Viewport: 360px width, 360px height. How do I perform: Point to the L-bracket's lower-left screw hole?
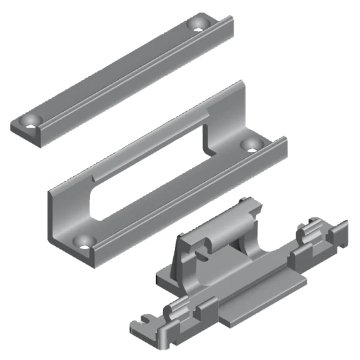(82, 240)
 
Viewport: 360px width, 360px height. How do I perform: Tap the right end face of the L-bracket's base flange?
(284, 153)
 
